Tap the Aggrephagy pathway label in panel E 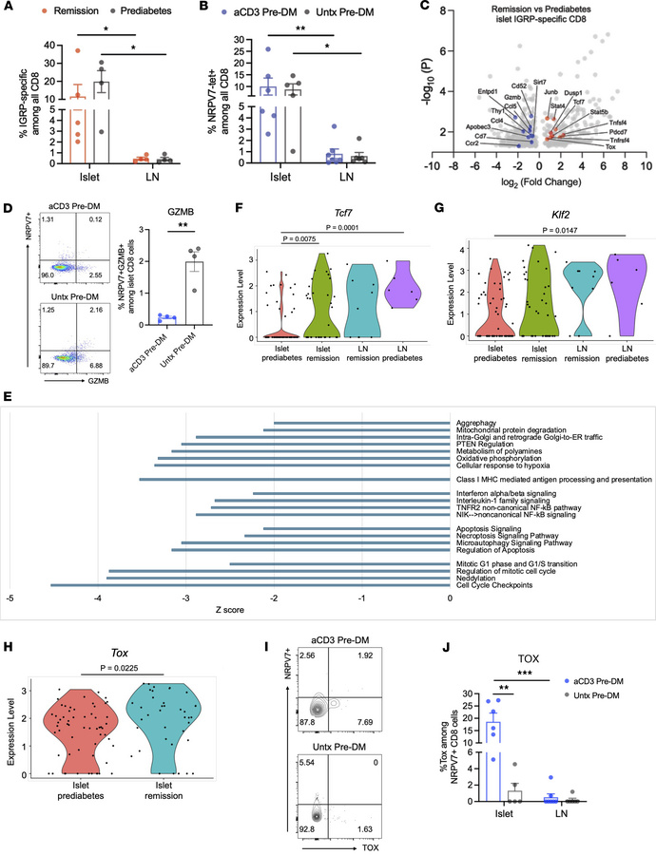478,397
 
